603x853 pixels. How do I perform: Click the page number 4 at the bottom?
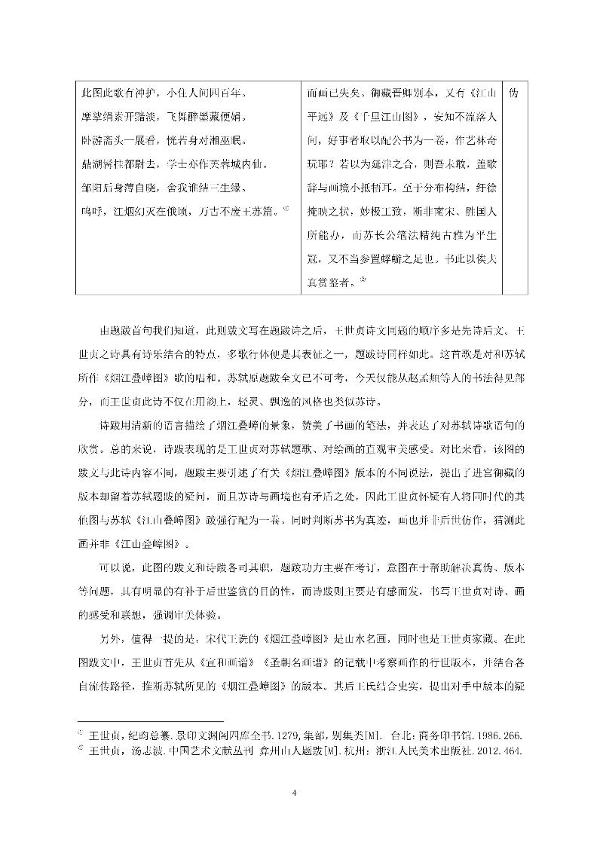tap(301, 792)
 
